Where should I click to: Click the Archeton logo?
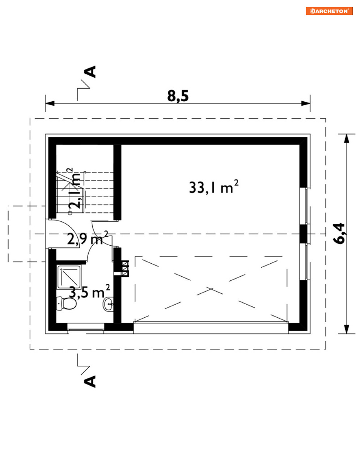[x=329, y=11]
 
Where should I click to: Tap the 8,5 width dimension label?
[x=178, y=96]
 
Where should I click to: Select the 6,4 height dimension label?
[x=339, y=233]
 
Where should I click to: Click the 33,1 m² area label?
[x=213, y=187]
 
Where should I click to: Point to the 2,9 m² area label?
[x=88, y=238]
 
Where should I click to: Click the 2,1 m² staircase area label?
[x=74, y=188]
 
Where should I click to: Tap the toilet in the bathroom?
[x=67, y=303]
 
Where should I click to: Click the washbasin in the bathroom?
[x=109, y=304]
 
